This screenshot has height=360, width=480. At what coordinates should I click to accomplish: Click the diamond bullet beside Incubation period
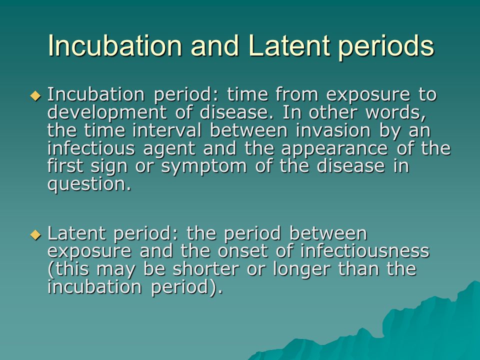point(35,96)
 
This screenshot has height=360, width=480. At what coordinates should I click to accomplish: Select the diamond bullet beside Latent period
point(35,235)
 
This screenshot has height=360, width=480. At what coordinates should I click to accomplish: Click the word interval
point(167,130)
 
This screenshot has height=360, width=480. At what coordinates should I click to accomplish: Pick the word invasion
point(333,130)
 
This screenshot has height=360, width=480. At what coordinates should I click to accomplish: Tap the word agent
point(169,149)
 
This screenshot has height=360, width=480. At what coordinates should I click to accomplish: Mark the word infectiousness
point(364,250)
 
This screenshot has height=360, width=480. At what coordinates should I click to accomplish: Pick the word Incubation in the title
point(115,45)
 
